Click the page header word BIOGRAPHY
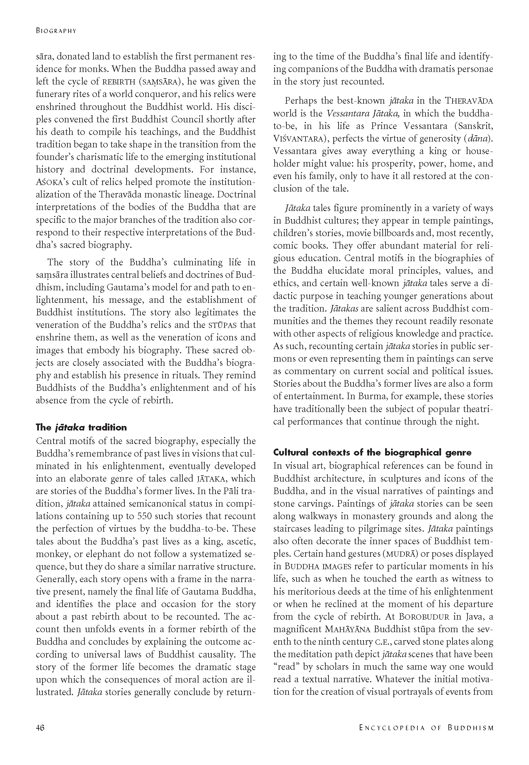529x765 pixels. [x=56, y=31]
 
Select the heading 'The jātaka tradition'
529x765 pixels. [x=81, y=427]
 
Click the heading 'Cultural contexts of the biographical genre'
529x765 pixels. [x=372, y=452]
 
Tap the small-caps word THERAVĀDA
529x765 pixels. [x=469, y=101]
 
